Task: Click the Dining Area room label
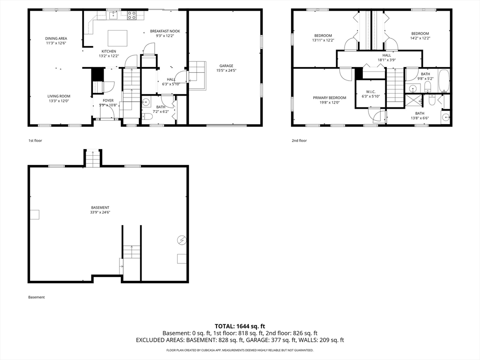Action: [x=56, y=38]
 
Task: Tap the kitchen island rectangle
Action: [x=118, y=38]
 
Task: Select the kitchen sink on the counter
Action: [x=113, y=15]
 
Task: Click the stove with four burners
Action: [x=132, y=15]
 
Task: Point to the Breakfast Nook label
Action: [x=165, y=31]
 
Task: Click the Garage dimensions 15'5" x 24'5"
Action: [x=226, y=70]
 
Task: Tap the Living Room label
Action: [x=59, y=96]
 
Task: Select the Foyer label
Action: [x=108, y=100]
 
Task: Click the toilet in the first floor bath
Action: [x=148, y=117]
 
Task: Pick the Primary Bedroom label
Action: [x=330, y=98]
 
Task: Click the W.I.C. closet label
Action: [x=371, y=92]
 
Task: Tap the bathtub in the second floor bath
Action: [x=444, y=81]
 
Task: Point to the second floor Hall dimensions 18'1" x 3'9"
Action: [x=387, y=60]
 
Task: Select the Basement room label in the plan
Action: [x=100, y=208]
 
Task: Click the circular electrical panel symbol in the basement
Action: [x=182, y=240]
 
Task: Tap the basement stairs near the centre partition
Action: [x=132, y=252]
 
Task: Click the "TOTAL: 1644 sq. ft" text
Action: [x=240, y=326]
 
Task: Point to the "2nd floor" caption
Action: [x=299, y=141]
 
